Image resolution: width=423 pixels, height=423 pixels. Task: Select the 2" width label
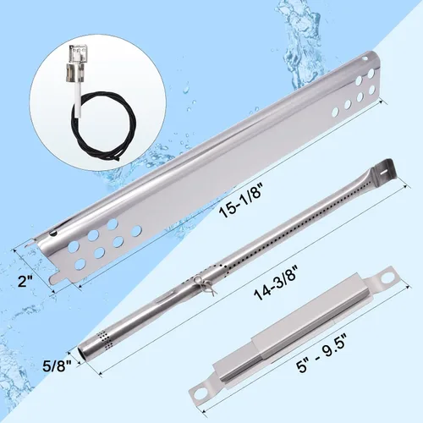tap(25, 281)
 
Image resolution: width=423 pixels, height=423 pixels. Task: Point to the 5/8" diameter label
tap(56, 366)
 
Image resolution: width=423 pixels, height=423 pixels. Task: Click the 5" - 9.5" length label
tap(322, 352)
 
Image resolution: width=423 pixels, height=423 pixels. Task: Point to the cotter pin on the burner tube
tap(202, 285)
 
